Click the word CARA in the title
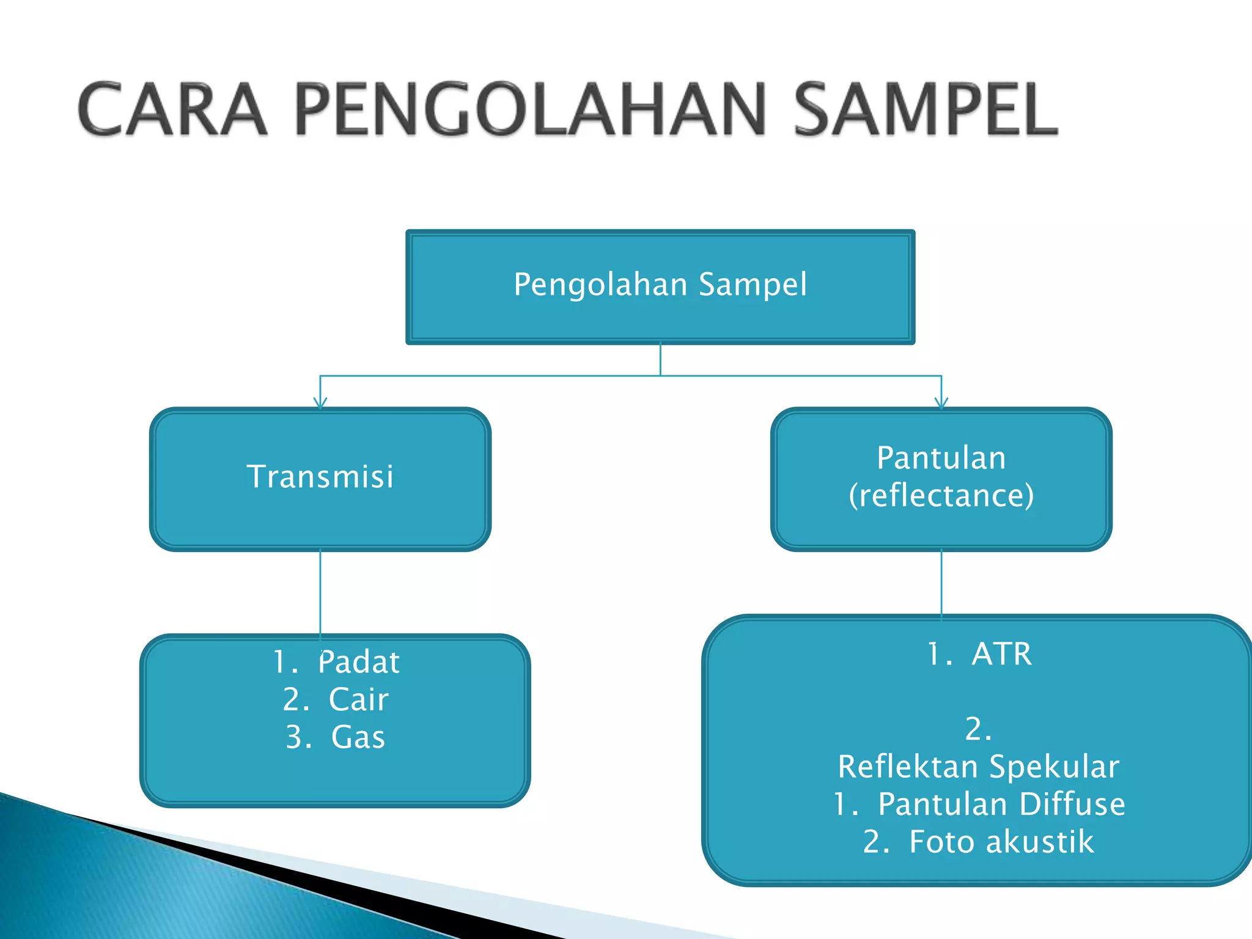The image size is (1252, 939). tap(173, 110)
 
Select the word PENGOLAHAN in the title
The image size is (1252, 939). tap(530, 110)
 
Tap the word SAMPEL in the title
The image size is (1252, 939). tap(925, 110)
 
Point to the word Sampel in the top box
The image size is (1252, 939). tap(753, 285)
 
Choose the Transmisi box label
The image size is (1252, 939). tap(320, 477)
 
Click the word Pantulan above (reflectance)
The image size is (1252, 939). tap(941, 458)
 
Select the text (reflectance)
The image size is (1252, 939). tap(941, 495)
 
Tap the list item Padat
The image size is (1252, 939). tap(359, 662)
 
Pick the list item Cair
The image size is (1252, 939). tap(359, 699)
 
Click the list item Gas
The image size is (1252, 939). tap(358, 737)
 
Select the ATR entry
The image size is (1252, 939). tap(1001, 654)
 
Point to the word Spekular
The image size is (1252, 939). tap(1054, 767)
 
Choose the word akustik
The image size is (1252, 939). tap(1040, 842)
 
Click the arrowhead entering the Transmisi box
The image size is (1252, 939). tap(320, 403)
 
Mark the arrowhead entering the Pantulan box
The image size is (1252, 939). tap(941, 403)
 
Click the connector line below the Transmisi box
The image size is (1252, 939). tap(320, 590)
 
